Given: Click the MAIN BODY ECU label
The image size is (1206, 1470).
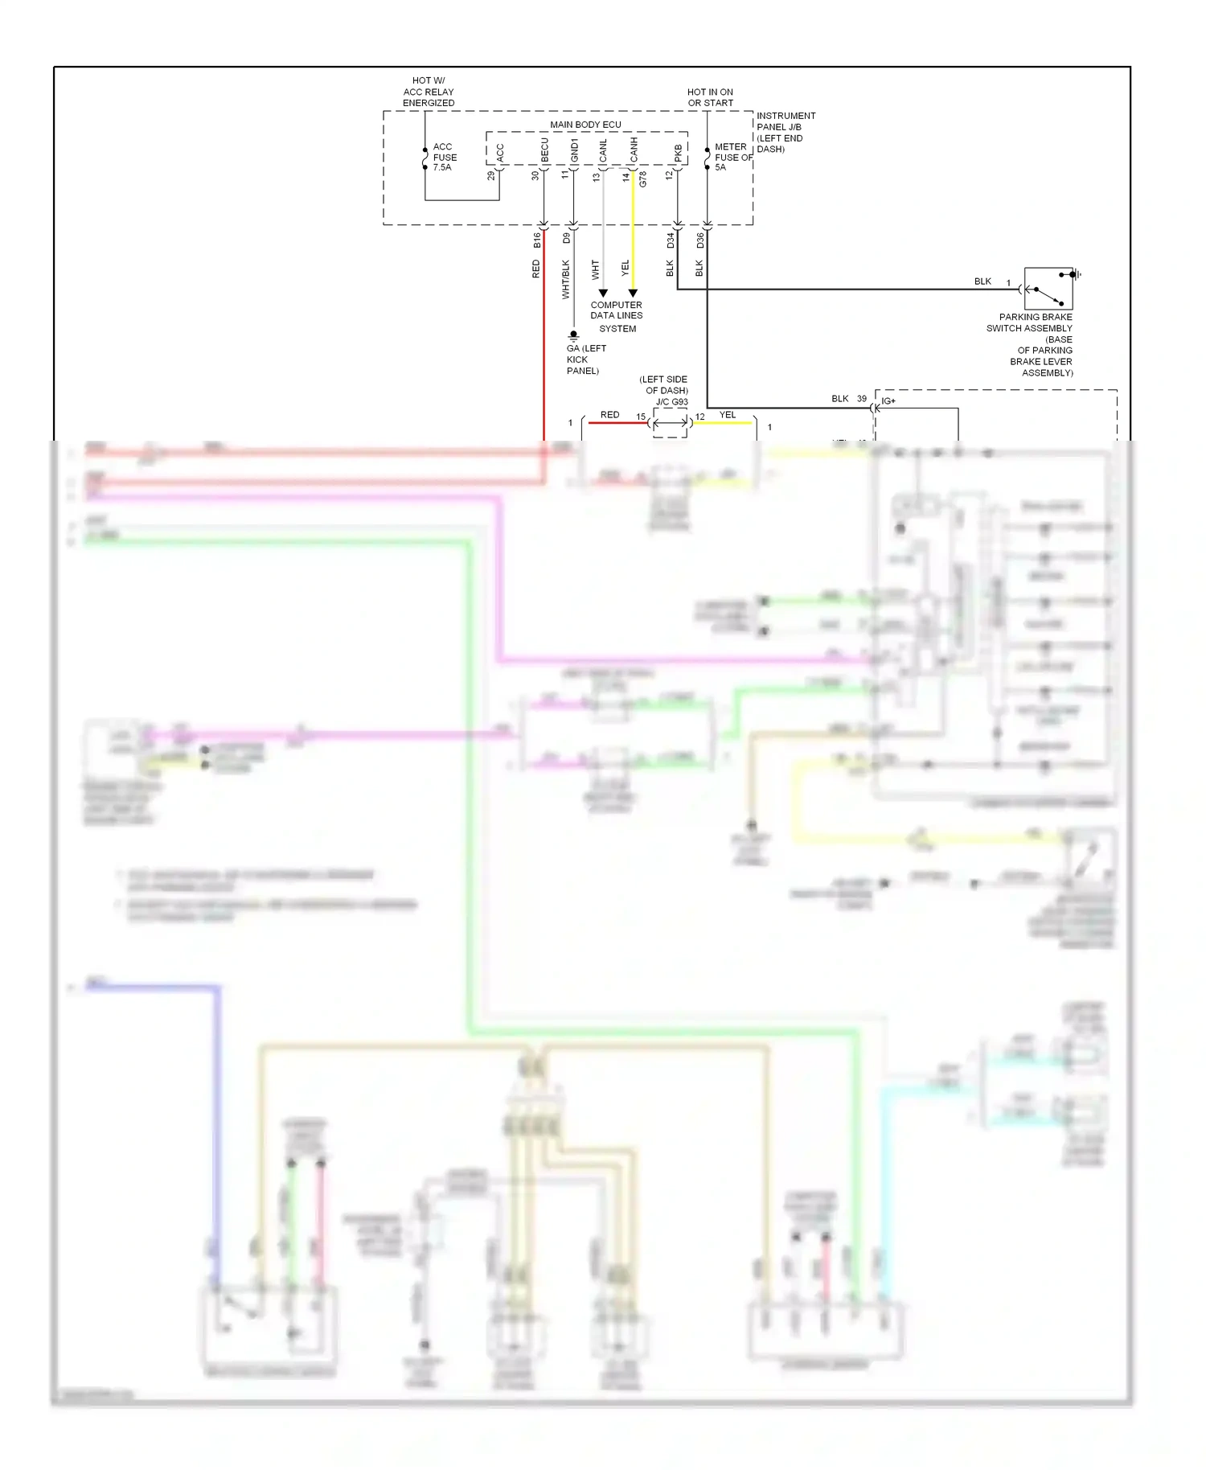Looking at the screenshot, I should point(585,125).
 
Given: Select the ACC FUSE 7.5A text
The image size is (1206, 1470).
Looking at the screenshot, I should point(445,158).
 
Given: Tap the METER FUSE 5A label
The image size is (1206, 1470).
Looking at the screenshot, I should point(732,158).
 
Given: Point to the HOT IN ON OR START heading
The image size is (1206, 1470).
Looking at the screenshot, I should point(710,97).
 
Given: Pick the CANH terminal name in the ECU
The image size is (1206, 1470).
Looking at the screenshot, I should point(634,150).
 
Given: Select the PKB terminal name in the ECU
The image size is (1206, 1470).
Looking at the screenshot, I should point(679,153).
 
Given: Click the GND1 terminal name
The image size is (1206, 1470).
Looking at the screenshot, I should point(575,150).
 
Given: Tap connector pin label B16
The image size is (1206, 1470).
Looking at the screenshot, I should point(537,240).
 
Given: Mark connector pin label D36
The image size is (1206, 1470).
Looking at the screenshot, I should point(700,240).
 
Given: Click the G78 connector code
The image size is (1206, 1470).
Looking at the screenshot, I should point(643,180).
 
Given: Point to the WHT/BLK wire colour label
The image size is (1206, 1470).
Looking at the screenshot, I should point(566,279).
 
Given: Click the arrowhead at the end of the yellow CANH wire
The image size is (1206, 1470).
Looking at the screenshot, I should point(633,294).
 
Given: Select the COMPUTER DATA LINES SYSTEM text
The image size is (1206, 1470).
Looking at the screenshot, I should point(617,316).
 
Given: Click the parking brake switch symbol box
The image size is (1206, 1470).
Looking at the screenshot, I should point(1048,289).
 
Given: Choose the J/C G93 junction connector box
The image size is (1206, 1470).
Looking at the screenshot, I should point(670,422).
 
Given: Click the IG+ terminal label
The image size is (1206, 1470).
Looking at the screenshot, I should point(888,400).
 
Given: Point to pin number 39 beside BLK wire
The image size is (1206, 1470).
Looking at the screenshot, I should point(861,399).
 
